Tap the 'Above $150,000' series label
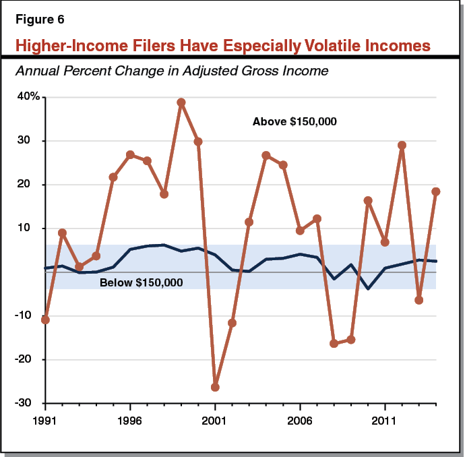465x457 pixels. click(294, 122)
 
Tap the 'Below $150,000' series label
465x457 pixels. click(141, 283)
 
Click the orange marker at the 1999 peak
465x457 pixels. click(181, 102)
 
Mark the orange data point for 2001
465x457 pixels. click(215, 387)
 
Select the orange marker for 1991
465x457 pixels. click(45, 319)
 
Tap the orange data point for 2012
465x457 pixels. click(402, 145)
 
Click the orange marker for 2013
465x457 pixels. click(418, 300)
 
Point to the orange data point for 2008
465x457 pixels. click(334, 343)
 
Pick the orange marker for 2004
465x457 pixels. click(266, 155)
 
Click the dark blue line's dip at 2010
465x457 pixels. click(367, 288)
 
